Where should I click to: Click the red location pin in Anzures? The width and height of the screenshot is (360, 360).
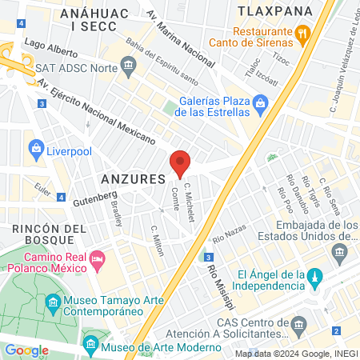(x=180, y=162)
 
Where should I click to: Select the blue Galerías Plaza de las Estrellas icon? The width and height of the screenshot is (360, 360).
(x=260, y=103)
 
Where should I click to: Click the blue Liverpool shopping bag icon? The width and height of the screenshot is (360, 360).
(x=35, y=148)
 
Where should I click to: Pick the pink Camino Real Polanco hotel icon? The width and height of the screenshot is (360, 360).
(x=98, y=258)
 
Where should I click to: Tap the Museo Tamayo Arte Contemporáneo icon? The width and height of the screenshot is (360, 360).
(x=54, y=303)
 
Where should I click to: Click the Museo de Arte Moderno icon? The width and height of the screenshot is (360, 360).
(x=90, y=347)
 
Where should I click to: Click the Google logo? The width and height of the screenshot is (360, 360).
(x=26, y=350)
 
